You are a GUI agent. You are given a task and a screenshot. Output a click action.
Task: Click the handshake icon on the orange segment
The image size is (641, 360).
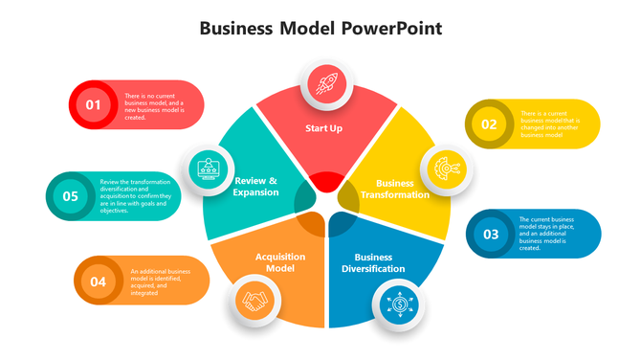254,303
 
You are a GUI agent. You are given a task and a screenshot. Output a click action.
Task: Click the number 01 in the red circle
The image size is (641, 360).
93,104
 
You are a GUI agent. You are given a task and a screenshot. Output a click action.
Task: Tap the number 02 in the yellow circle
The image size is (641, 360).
489,124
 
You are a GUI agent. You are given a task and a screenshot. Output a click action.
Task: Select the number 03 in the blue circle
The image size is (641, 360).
491,234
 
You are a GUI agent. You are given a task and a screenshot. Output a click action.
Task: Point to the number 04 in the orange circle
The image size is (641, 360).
98,281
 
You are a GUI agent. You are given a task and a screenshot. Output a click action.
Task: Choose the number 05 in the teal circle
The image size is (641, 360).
70,196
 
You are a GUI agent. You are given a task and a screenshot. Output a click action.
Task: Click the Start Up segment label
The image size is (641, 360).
323,128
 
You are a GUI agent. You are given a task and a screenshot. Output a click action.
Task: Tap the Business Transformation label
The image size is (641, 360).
394,189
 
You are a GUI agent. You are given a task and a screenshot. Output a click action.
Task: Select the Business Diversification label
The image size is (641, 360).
380,262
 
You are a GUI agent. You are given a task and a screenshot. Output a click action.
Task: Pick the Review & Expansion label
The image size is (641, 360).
255,186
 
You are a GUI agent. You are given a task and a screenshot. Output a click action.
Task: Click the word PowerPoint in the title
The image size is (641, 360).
391,28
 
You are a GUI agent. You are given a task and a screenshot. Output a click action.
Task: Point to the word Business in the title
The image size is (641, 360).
238,28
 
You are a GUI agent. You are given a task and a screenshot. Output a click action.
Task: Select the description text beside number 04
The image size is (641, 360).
159,281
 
